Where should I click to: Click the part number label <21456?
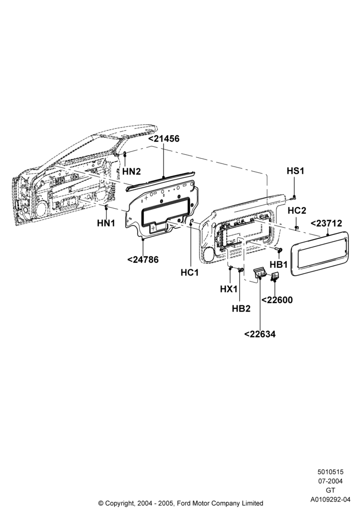164,139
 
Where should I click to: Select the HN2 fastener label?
132,171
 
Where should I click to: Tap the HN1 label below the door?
106,223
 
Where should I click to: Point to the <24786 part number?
142,260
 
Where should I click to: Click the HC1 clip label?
190,272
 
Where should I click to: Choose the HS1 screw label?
295,171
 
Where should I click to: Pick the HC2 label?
297,210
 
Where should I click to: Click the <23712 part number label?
326,224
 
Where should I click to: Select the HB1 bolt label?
279,264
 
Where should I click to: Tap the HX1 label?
228,289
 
